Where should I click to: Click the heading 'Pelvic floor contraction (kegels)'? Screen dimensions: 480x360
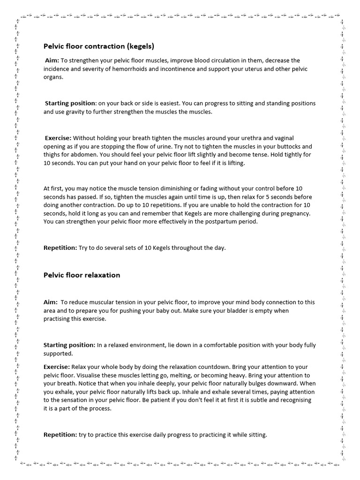point(99,46)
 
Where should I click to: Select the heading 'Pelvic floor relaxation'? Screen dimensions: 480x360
point(82,275)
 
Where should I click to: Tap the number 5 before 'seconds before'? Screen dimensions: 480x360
point(260,197)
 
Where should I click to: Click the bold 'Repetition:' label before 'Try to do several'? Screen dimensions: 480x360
point(60,247)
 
